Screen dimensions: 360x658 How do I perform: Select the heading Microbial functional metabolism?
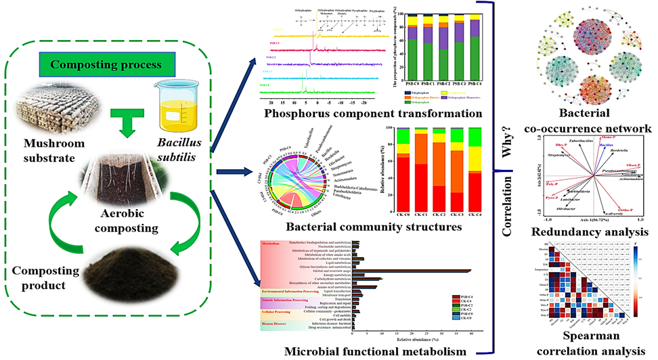tap(368, 352)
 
